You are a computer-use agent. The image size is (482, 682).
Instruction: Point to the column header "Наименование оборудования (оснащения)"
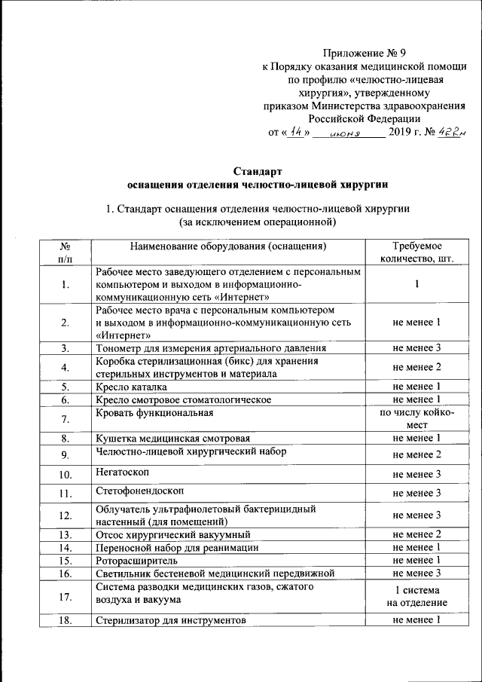(x=228, y=246)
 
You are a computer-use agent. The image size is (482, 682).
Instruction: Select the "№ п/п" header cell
(x=66, y=252)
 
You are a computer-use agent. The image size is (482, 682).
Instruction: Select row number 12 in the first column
(x=66, y=515)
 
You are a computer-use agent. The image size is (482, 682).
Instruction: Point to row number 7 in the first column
(x=66, y=419)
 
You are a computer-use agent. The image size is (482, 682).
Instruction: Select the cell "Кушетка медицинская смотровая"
(x=172, y=438)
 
